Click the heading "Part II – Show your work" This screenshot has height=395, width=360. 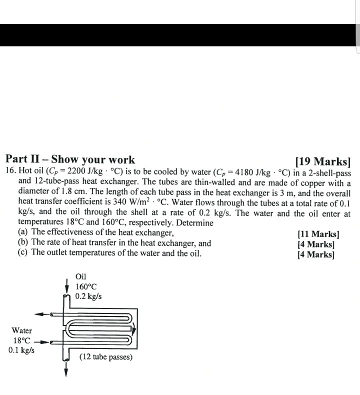coord(70,160)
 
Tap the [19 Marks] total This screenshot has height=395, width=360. coord(322,161)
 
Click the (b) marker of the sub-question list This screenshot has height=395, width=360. coord(23,243)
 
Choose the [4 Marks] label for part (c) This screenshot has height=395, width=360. coord(315,254)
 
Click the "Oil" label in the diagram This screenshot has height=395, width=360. coord(80,276)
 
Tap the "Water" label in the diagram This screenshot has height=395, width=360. coord(21,330)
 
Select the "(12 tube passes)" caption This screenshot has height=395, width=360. coord(105,357)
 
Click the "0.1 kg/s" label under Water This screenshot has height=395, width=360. coord(21,350)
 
